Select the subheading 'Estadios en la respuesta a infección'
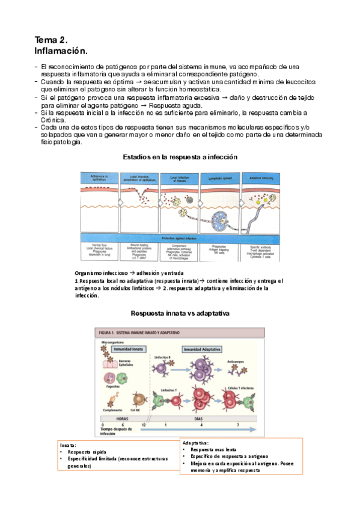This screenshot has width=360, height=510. point(180,156)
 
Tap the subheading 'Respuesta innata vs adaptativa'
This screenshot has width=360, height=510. point(180,313)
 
